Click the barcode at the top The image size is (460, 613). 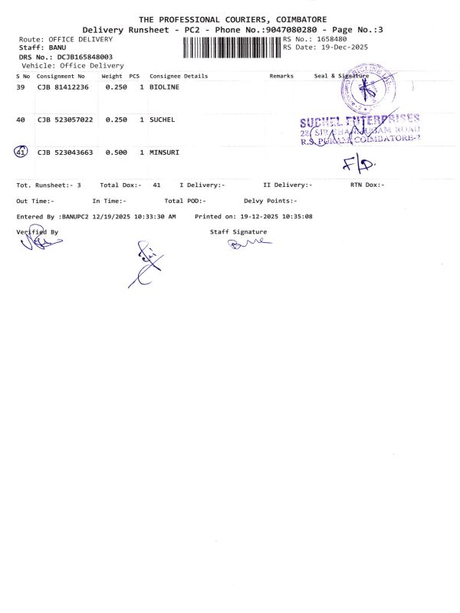click(232, 46)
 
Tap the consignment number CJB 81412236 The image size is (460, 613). click(63, 88)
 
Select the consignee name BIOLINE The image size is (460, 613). click(164, 88)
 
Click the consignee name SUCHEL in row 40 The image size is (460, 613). click(162, 120)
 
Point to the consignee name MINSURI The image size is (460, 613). click(164, 152)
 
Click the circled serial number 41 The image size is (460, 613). click(21, 152)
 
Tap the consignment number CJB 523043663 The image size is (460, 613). click(65, 152)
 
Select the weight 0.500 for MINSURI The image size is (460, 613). click(116, 152)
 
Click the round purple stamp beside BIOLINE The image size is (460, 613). click(366, 90)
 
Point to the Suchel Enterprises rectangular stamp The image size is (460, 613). click(360, 129)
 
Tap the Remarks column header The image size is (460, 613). click(281, 76)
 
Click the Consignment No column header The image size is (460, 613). click(61, 76)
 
